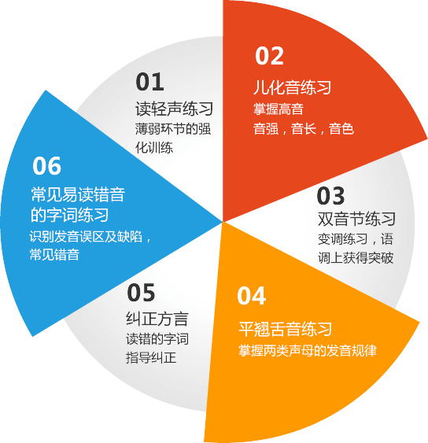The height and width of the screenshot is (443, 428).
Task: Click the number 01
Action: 149,82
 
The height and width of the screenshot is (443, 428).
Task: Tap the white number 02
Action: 269,56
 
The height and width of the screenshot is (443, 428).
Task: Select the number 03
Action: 330,195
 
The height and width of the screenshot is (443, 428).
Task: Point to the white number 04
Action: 252,296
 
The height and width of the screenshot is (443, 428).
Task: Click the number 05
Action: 141,293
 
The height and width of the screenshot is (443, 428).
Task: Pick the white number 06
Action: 46,165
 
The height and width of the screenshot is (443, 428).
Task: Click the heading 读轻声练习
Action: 174,109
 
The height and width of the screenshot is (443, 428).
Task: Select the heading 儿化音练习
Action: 292,87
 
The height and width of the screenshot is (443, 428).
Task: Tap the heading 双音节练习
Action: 356,219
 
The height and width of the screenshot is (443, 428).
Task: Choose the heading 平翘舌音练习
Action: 285,329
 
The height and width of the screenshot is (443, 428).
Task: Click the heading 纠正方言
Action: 157,319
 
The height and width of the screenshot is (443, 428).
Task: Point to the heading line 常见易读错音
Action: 78,194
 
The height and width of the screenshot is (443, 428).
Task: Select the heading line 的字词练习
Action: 69,215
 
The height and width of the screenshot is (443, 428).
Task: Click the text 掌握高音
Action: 279,109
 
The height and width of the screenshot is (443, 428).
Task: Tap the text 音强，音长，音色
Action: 304,129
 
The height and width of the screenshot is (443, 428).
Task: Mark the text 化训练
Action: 154,148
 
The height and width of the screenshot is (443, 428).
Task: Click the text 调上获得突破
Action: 356,258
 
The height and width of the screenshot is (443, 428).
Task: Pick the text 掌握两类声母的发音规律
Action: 308,351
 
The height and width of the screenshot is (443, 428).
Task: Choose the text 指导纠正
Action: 151,358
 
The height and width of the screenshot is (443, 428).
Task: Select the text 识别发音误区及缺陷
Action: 85,237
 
